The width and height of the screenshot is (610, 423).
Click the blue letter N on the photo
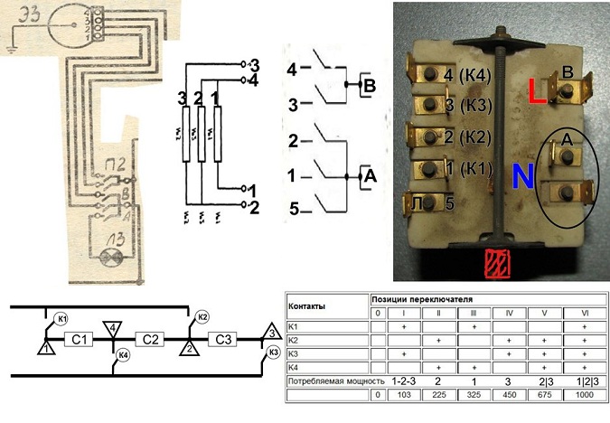pyautogui.click(x=521, y=175)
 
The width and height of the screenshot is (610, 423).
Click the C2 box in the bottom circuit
pyautogui.click(x=149, y=340)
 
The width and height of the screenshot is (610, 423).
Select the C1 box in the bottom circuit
pyautogui.click(x=80, y=340)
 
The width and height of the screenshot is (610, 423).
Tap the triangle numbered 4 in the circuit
pyautogui.click(x=112, y=328)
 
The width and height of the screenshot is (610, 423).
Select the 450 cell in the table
pyautogui.click(x=509, y=396)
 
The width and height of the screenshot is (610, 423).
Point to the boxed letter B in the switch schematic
pyautogui.click(x=368, y=86)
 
